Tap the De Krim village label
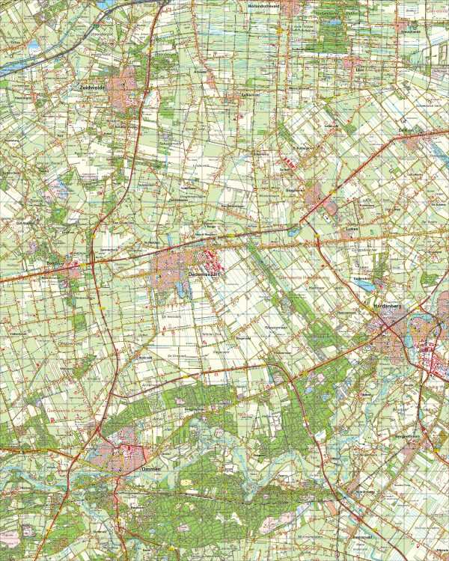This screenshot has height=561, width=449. pos(406,130)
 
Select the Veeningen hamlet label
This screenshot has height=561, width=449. pos(22,98)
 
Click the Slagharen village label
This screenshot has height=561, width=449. pos(296,190)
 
